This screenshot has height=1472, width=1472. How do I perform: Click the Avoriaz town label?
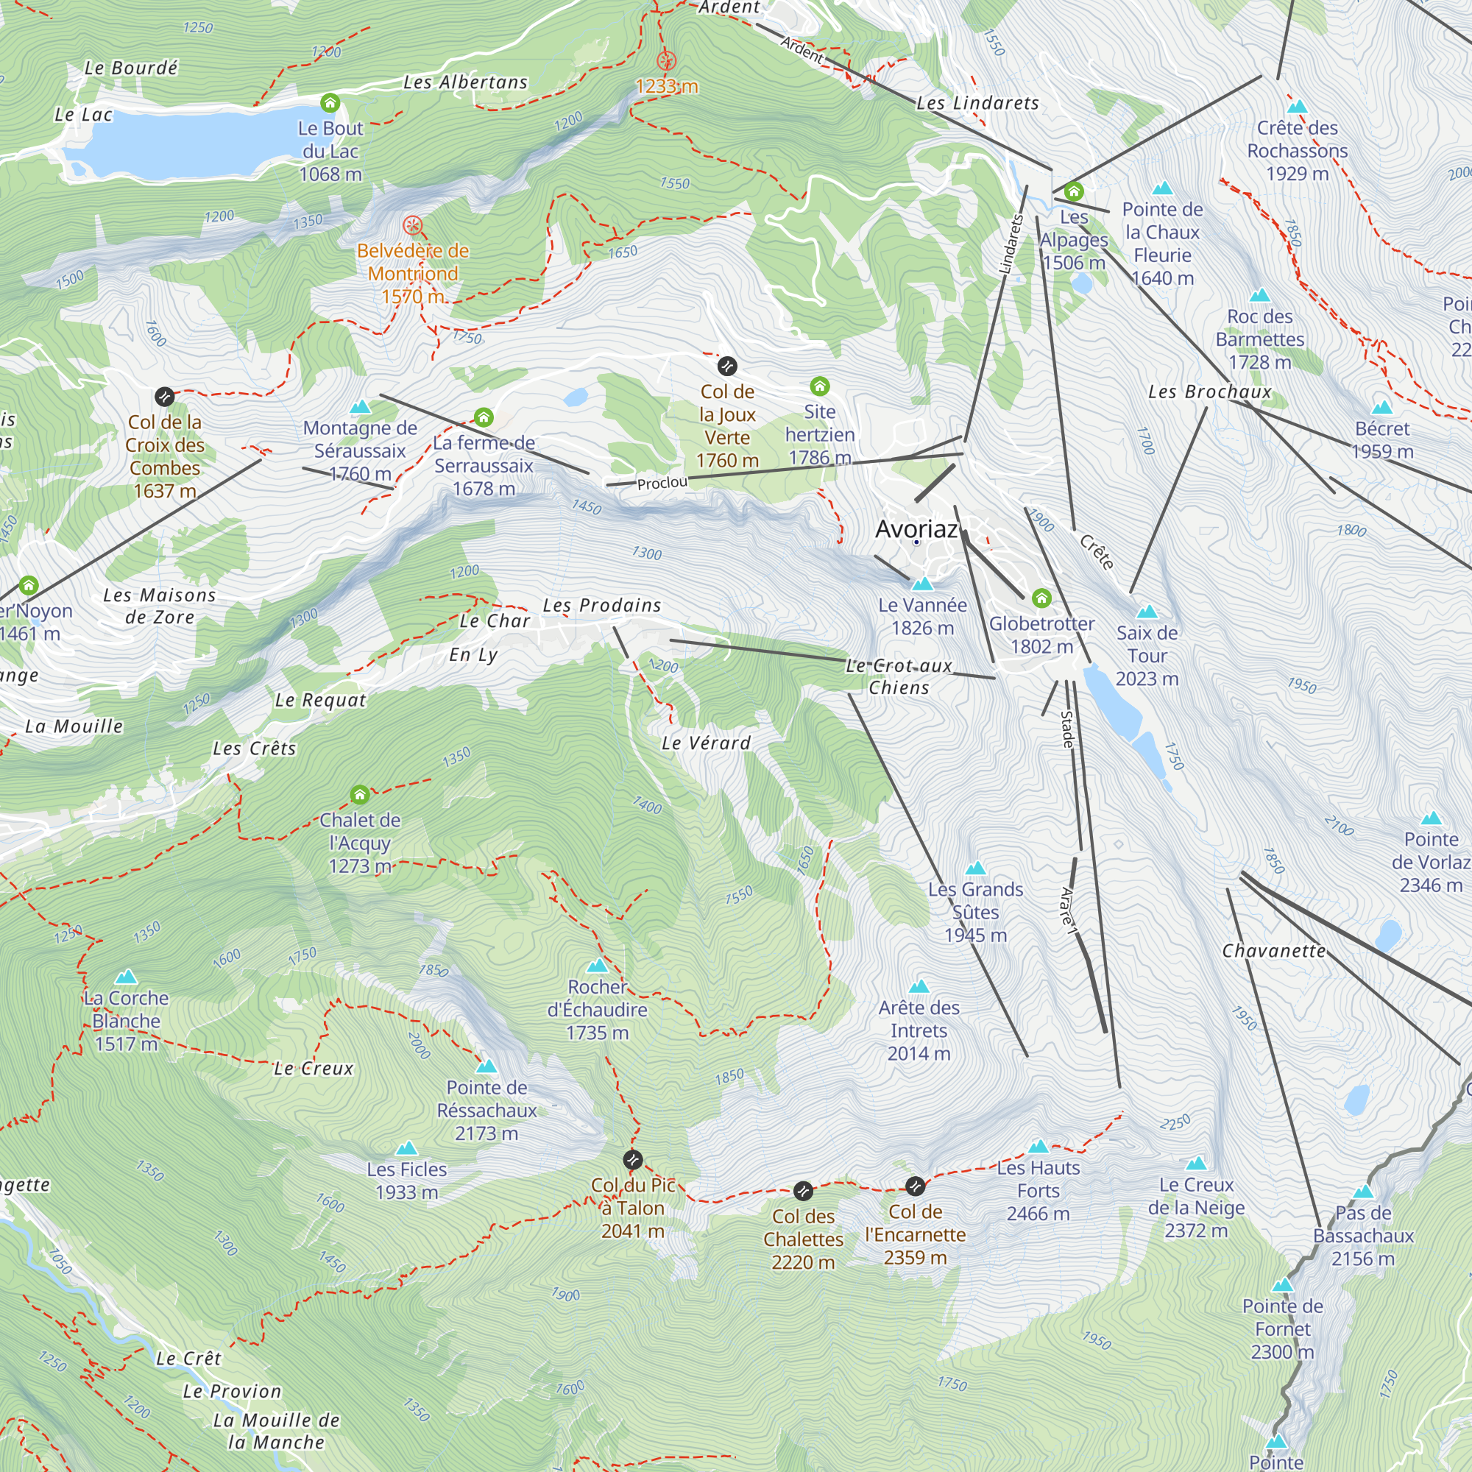pyautogui.click(x=916, y=528)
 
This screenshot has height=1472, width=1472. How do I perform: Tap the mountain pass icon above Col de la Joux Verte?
pyautogui.click(x=727, y=367)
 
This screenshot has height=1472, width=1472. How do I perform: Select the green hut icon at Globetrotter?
pyautogui.click(x=1041, y=598)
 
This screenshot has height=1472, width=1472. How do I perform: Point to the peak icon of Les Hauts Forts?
pyautogui.click(x=1038, y=1147)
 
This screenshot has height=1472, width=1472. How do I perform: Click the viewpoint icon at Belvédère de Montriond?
pyautogui.click(x=412, y=225)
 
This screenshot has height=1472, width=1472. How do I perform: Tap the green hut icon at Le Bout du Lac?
pyautogui.click(x=330, y=103)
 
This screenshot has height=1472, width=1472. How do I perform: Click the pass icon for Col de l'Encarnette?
pyautogui.click(x=915, y=1186)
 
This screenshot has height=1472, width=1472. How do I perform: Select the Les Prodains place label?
pyautogui.click(x=602, y=606)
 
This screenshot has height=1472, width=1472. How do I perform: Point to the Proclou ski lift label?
pyautogui.click(x=662, y=483)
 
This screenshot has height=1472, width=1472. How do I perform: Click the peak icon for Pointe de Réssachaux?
pyautogui.click(x=486, y=1066)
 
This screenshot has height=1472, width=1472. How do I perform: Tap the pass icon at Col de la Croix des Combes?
pyautogui.click(x=165, y=397)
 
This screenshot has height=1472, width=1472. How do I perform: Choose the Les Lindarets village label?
pyautogui.click(x=977, y=103)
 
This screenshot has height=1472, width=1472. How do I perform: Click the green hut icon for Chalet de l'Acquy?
pyautogui.click(x=360, y=796)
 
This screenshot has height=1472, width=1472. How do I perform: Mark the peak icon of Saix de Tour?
pyautogui.click(x=1147, y=612)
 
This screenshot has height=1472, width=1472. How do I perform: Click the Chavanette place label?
pyautogui.click(x=1274, y=951)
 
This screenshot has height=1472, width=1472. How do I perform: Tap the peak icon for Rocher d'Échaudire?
pyautogui.click(x=598, y=966)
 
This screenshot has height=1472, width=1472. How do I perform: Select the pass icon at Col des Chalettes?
pyautogui.click(x=803, y=1191)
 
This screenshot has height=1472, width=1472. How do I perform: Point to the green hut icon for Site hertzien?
pyautogui.click(x=820, y=386)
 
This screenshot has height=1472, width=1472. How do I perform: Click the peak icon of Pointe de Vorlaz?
pyautogui.click(x=1431, y=818)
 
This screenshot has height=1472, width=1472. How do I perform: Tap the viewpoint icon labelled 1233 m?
pyautogui.click(x=667, y=61)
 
